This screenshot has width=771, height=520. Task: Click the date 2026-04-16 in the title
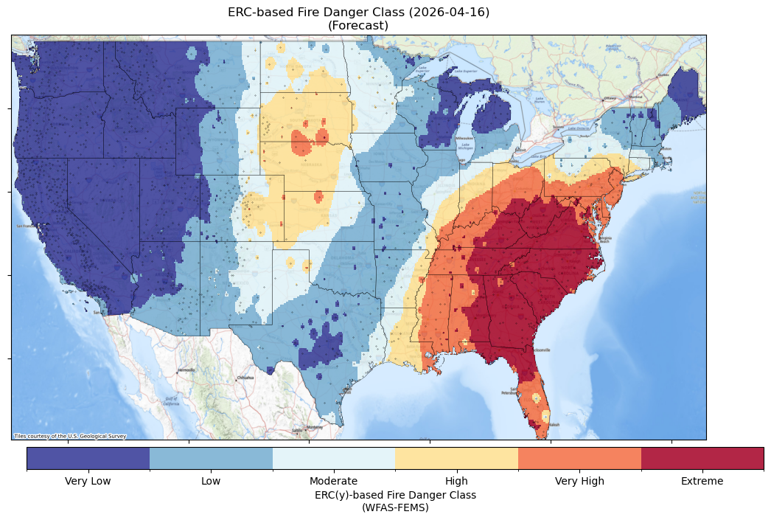point(452,13)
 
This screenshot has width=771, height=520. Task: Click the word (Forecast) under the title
point(358,26)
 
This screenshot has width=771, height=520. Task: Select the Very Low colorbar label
point(88,482)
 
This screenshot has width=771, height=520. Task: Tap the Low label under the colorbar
point(211,482)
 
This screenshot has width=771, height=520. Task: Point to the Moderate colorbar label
point(333,482)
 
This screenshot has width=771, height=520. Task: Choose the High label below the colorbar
point(456,482)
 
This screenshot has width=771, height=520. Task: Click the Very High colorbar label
point(579,482)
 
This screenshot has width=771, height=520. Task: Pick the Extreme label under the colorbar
point(702,482)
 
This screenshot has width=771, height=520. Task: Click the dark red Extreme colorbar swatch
point(702,458)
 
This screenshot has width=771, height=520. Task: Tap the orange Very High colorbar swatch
point(579,458)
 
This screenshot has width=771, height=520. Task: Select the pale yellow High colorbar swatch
point(456,458)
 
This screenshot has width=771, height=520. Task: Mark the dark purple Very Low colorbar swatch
point(88,458)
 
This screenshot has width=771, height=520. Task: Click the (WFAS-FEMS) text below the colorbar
point(395,507)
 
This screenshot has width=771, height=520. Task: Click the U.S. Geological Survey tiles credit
point(70,436)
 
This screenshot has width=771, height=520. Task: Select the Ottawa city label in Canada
point(610,98)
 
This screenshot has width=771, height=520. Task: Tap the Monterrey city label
point(315,427)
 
